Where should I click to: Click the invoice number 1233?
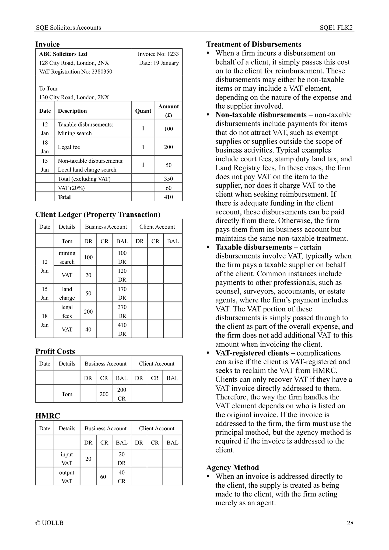pyautogui.click(x=173, y=54)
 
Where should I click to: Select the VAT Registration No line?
pyautogui.click(x=76, y=72)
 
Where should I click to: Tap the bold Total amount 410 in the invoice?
pyautogui.click(x=169, y=197)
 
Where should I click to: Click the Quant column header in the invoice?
pyautogui.click(x=143, y=111)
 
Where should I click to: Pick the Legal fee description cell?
pyautogui.click(x=69, y=147)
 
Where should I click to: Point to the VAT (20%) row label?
pyautogui.click(x=71, y=188)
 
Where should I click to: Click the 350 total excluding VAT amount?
pyautogui.click(x=169, y=179)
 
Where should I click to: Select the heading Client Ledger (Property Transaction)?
pyautogui.click(x=98, y=214)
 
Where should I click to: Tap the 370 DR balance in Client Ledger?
pyautogui.click(x=122, y=311)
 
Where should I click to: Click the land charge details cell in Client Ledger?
pyautogui.click(x=67, y=293)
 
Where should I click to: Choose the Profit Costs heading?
pyautogui.click(x=55, y=351)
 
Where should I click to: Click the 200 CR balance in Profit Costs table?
pyautogui.click(x=121, y=394)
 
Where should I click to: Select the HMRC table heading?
pyautogui.click(x=48, y=416)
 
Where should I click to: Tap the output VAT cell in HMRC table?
pyautogui.click(x=66, y=477)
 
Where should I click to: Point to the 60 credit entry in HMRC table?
pyautogui.click(x=103, y=477)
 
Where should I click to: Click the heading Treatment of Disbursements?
pyautogui.click(x=254, y=44)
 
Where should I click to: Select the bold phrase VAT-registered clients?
pyautogui.click(x=252, y=353)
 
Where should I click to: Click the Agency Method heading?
pyautogui.click(x=233, y=467)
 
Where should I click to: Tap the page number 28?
pyautogui.click(x=350, y=523)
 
